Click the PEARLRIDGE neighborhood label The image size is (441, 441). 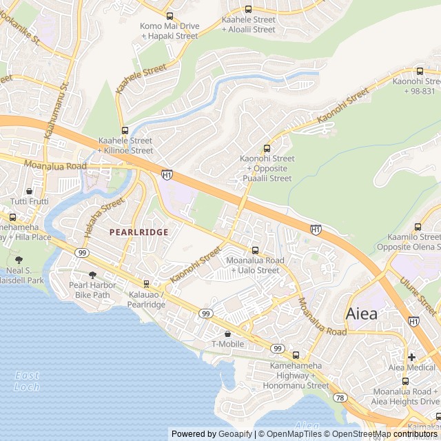point(139,232)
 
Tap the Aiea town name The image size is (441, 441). point(361,314)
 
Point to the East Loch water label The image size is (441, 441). point(26,380)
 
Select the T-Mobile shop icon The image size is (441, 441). point(227,334)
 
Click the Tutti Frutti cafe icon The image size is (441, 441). point(29,192)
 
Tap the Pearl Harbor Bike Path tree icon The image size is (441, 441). point(92,275)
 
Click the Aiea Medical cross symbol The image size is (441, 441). point(411,357)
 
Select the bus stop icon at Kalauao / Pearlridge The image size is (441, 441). point(146,284)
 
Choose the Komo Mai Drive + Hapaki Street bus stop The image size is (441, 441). point(170,16)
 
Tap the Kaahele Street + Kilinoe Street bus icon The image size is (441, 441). point(125,130)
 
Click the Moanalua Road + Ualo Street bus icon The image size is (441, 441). point(255,251)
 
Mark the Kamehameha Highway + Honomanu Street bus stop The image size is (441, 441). point(296,356)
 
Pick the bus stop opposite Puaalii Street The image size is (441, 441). point(267,148)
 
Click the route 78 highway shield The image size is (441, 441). point(340,398)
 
